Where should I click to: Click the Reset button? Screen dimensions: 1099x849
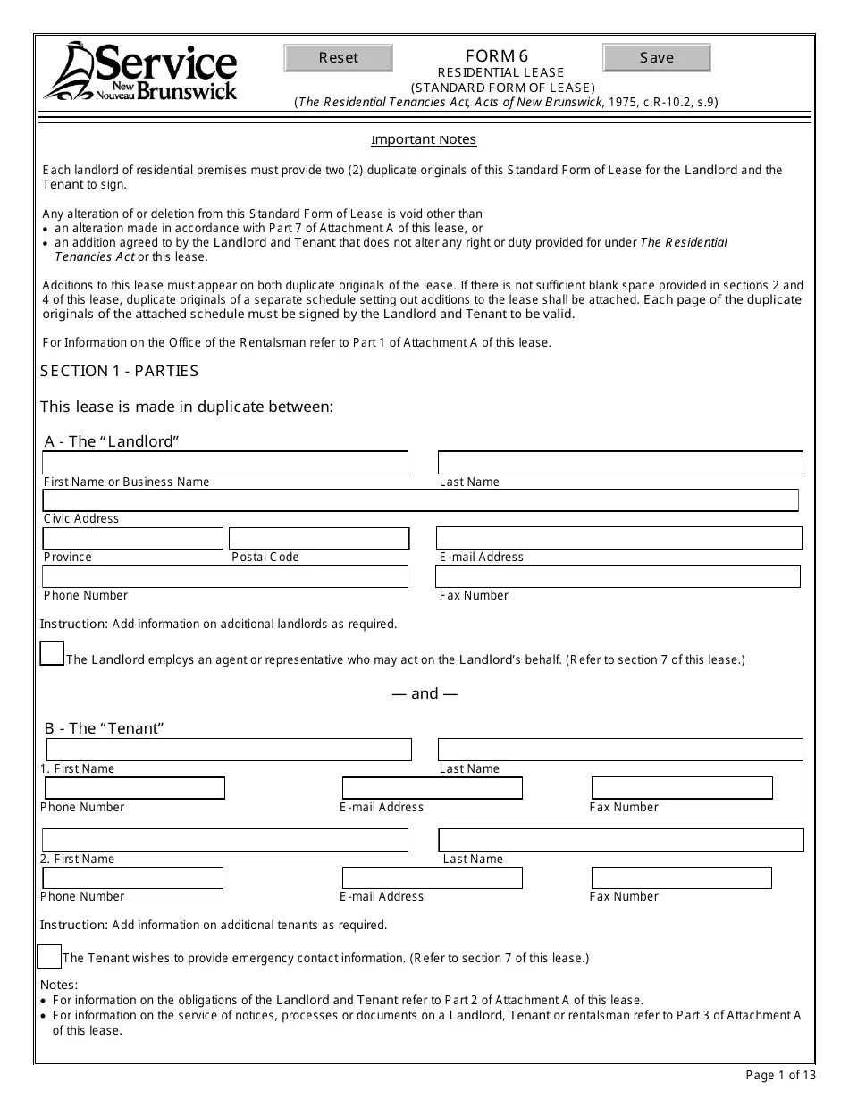click(x=338, y=58)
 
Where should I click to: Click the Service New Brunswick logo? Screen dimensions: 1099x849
click(x=141, y=71)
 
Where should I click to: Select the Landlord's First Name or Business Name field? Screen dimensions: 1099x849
click(x=225, y=463)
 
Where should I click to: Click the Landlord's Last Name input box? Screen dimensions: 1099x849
click(x=620, y=463)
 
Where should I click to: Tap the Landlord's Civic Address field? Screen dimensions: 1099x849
click(x=420, y=500)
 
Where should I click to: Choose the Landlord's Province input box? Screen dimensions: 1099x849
click(x=133, y=538)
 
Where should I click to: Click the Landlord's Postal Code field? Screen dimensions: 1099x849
click(x=319, y=538)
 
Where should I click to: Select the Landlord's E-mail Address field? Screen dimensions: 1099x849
click(x=618, y=538)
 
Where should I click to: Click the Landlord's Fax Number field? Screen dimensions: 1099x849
click(x=618, y=576)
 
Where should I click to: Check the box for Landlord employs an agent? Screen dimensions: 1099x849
click(x=53, y=654)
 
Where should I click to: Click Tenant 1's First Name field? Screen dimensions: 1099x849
click(x=229, y=750)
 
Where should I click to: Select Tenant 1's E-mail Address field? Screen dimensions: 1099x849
click(x=433, y=788)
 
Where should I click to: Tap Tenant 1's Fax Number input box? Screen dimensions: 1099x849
click(x=682, y=788)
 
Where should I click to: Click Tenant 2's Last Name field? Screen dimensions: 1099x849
click(x=621, y=840)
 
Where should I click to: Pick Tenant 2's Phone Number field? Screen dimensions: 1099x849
click(x=132, y=878)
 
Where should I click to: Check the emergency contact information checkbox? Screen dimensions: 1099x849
click(x=49, y=956)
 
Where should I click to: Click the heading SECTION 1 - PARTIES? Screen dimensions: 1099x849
click(x=120, y=371)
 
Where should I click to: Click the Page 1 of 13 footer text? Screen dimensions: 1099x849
click(x=779, y=1075)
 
